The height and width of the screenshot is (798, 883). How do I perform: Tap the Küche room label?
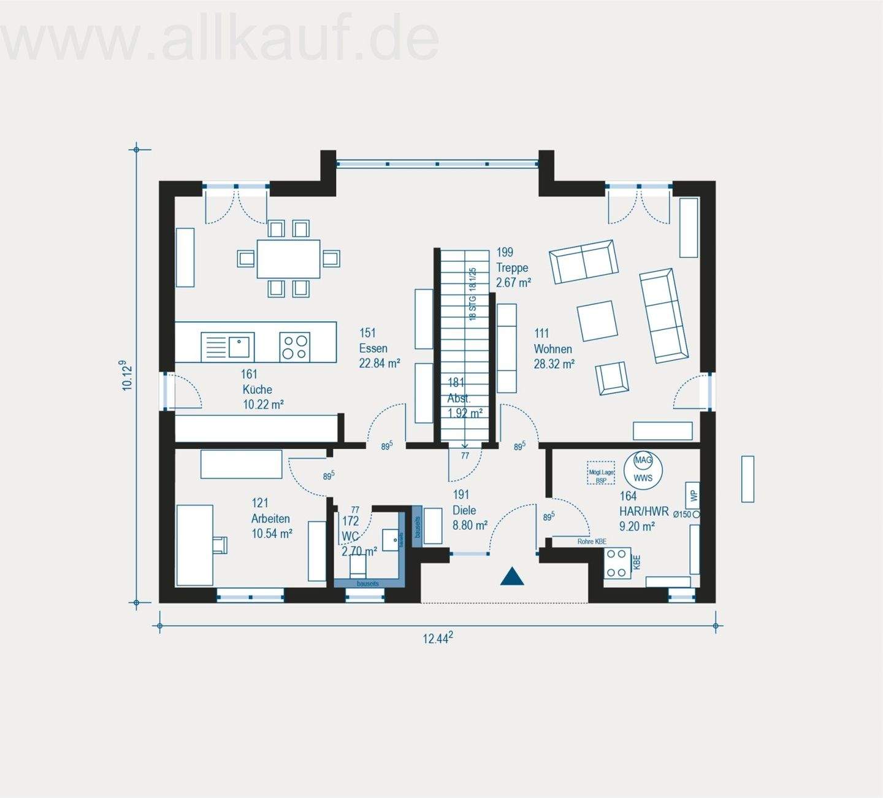[x=257, y=389]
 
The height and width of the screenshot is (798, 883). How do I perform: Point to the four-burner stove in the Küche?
[x=294, y=347]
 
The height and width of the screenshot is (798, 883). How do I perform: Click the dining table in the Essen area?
[x=288, y=258]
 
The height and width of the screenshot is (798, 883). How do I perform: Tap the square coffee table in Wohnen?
[x=597, y=320]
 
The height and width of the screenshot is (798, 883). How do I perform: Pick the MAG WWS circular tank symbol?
[x=643, y=469]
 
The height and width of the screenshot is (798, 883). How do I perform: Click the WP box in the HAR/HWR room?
[x=694, y=495]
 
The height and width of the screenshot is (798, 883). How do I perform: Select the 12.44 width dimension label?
[x=438, y=638]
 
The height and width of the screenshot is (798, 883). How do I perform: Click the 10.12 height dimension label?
[x=128, y=375]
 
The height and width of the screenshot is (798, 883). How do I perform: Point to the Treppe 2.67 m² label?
[x=513, y=267]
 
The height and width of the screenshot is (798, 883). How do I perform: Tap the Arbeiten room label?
[x=270, y=519]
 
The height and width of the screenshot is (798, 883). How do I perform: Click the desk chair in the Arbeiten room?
[x=219, y=544]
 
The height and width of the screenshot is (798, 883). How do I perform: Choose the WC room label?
[x=350, y=535]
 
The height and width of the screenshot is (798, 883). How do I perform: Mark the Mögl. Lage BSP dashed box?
[x=600, y=473]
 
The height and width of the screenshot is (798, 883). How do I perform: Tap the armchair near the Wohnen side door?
[x=612, y=378]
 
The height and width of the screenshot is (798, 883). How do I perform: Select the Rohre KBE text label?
[x=592, y=542]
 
